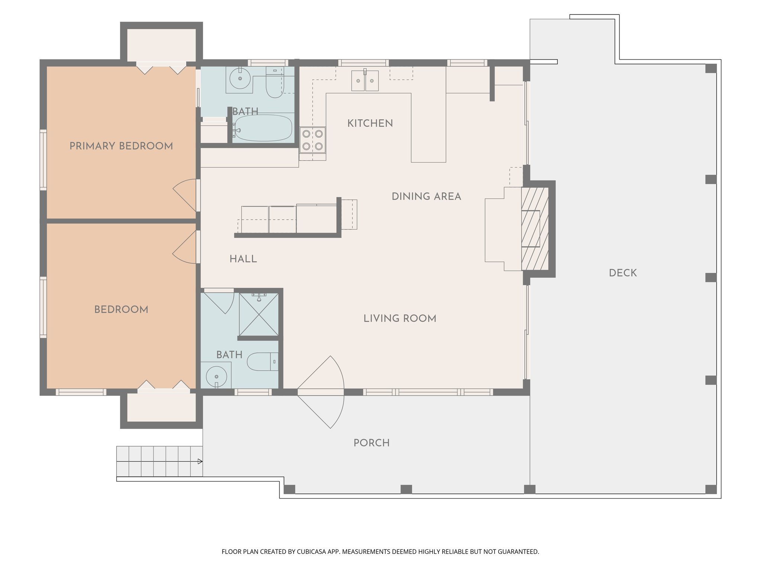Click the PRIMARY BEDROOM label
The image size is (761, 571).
pos(121,146)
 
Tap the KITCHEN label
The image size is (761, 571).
pos(370,123)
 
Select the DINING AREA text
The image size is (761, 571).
pos(427,196)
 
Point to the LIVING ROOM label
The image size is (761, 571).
pos(400,318)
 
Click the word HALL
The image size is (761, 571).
pos(243,259)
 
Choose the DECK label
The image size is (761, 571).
pos(623,273)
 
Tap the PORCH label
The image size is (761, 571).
pos(372,443)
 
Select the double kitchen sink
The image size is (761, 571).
pos(365,81)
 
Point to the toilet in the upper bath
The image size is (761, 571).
pos(275,82)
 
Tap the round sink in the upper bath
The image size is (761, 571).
pos(240,78)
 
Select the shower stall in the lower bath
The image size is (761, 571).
pos(259,314)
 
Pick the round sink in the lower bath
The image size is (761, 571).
pos(216,376)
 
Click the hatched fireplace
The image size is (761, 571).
pos(535,229)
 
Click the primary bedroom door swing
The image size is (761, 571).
pos(185,196)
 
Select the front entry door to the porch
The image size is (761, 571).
pos(321,392)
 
